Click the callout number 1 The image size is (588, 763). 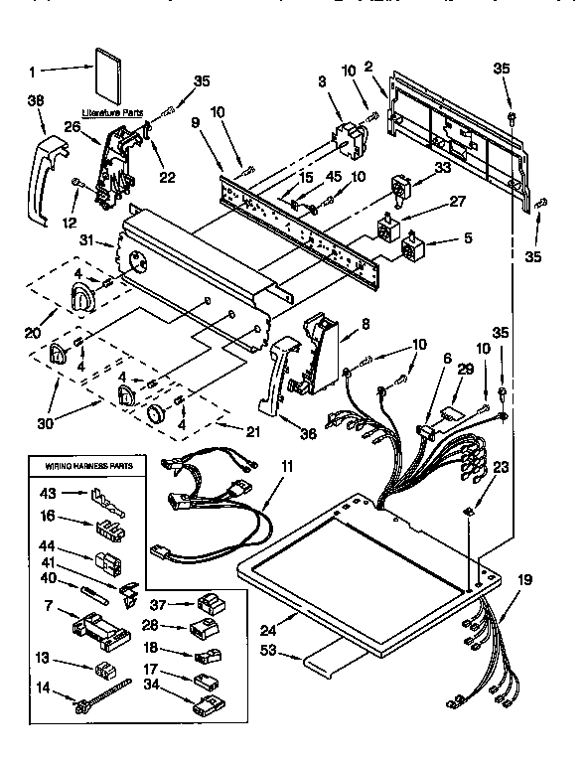[x=33, y=71]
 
